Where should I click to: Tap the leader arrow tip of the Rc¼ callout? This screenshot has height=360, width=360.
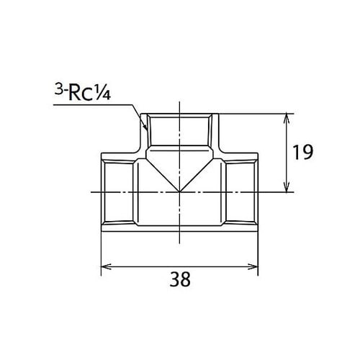pos(146,128)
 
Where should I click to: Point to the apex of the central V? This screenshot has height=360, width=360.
pos(179,192)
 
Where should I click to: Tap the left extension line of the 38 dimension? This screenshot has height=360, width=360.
pos(100,252)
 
